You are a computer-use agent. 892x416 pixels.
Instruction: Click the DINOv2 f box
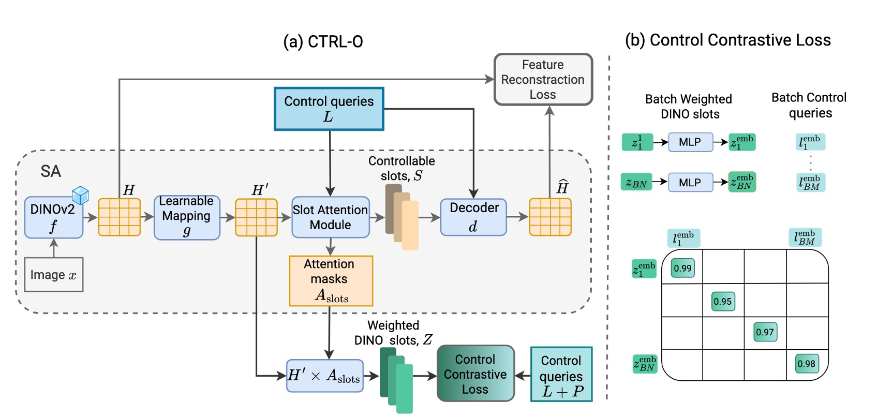(x=53, y=217)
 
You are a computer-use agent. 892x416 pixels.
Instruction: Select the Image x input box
(x=53, y=275)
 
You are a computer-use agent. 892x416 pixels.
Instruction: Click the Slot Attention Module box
(x=331, y=217)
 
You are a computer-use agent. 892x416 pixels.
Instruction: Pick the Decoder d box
(x=473, y=217)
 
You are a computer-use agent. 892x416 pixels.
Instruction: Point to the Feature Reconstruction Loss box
(x=543, y=80)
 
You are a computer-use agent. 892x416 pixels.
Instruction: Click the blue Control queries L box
(x=329, y=109)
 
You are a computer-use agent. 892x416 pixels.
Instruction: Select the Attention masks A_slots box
(x=331, y=281)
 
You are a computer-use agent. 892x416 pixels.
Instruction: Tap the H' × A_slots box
(x=324, y=376)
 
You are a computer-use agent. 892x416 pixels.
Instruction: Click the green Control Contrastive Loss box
(x=475, y=374)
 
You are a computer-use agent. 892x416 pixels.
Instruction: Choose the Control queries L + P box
(x=561, y=375)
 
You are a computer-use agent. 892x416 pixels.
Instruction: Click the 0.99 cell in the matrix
(x=682, y=268)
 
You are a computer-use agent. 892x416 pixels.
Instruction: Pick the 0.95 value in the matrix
(x=723, y=301)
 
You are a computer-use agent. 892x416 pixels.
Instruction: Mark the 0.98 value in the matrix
(x=807, y=363)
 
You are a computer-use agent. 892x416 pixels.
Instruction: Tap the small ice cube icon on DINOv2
(x=80, y=195)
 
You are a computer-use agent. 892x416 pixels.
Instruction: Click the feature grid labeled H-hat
(x=550, y=217)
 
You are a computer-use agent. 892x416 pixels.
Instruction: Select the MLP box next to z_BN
(x=690, y=183)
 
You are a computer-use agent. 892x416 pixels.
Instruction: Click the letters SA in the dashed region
(x=51, y=171)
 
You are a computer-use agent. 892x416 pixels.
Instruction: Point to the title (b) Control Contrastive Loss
(x=727, y=40)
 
